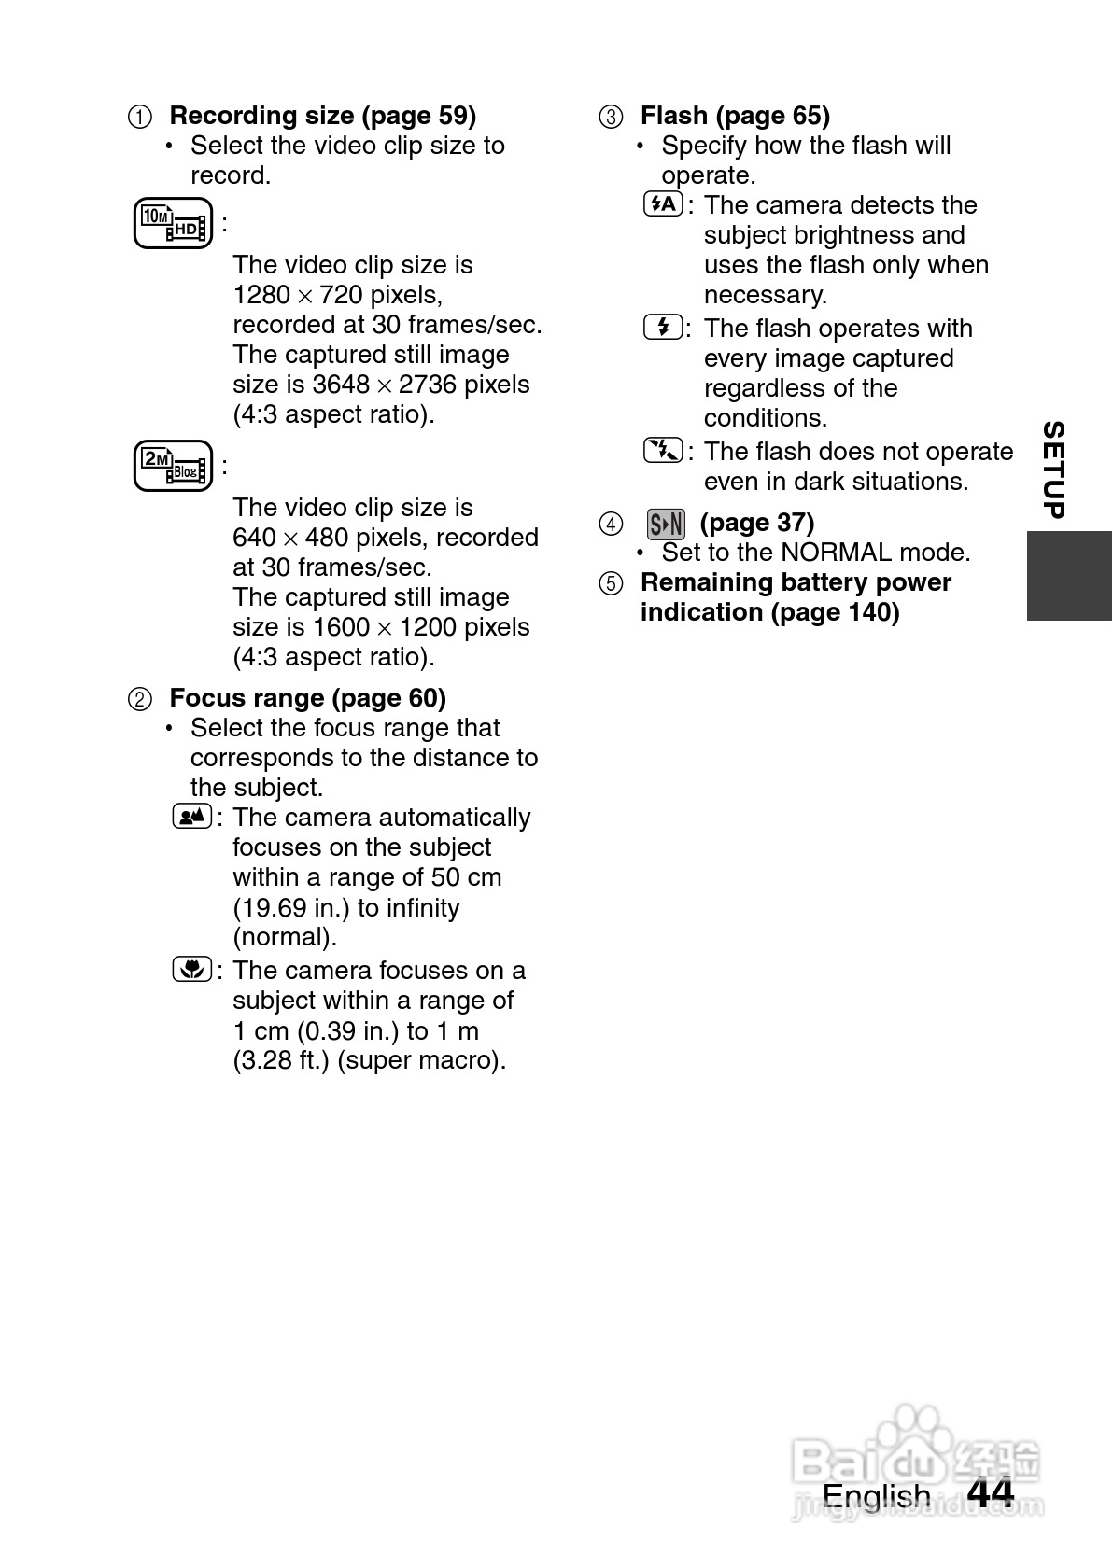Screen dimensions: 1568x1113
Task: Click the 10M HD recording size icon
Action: click(173, 224)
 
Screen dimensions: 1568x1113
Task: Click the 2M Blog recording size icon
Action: click(173, 466)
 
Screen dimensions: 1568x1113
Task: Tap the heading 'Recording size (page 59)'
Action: click(322, 116)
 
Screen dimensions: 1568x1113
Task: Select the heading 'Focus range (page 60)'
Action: click(307, 698)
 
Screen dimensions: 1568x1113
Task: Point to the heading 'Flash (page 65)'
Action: click(735, 116)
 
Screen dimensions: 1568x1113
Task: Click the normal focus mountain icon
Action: click(192, 817)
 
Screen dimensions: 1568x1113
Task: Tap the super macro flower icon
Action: click(192, 970)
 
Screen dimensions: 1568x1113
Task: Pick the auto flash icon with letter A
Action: click(664, 204)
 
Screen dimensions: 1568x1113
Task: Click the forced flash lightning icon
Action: click(664, 328)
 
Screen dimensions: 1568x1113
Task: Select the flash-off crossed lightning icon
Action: click(664, 451)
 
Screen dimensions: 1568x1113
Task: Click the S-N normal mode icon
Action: click(666, 524)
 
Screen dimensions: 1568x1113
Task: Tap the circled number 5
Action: click(611, 584)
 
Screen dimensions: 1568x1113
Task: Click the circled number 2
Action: click(139, 699)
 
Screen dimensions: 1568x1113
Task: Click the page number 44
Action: click(990, 1494)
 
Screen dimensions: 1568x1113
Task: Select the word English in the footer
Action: click(876, 1496)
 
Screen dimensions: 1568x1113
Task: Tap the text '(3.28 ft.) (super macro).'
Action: click(369, 1060)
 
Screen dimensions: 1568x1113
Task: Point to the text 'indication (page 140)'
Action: click(769, 612)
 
